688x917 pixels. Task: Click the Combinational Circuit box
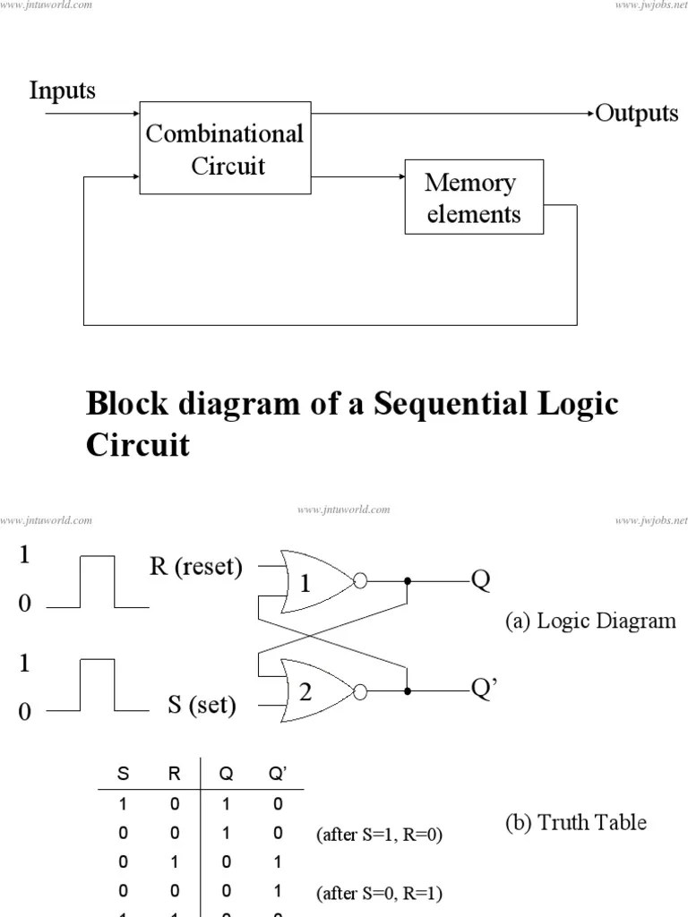tap(224, 150)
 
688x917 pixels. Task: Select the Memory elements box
tap(473, 198)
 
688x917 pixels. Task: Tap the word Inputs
tap(62, 90)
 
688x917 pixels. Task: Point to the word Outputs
tap(637, 114)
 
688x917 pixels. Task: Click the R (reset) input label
tap(195, 567)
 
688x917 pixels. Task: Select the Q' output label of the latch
tap(486, 687)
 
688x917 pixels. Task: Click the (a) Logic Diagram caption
tap(589, 621)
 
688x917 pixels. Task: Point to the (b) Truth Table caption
tap(576, 821)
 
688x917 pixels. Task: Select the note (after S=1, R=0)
tap(379, 835)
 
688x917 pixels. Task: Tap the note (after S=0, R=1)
tap(379, 894)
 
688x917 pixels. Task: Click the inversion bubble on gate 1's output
tap(360, 581)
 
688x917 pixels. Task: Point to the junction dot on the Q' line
tap(408, 690)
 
